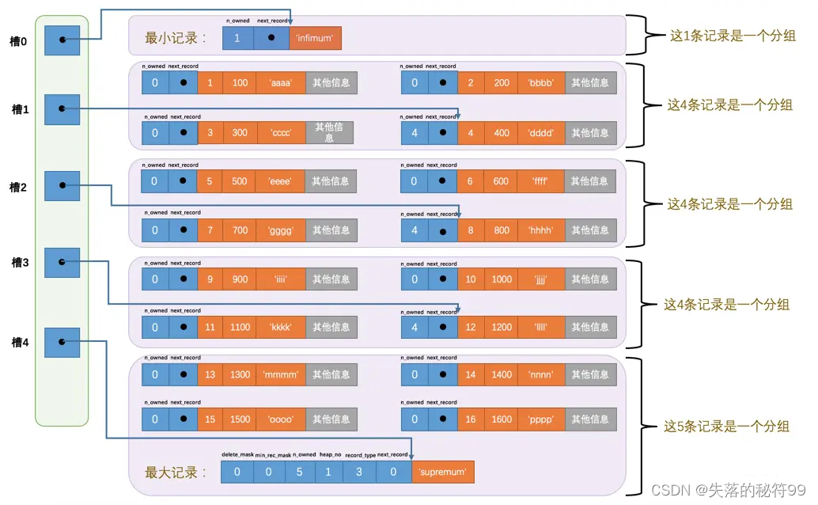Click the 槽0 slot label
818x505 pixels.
click(17, 40)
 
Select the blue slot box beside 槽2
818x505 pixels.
click(62, 187)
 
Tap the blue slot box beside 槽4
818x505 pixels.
click(62, 342)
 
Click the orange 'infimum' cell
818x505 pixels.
click(315, 37)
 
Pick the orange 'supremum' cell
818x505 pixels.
click(442, 473)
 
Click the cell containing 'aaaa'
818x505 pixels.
click(280, 82)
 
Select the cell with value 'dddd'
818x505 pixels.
click(546, 133)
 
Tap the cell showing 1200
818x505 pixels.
click(502, 327)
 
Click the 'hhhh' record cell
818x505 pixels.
click(546, 230)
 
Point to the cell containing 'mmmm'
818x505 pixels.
click(280, 374)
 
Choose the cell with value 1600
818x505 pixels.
click(502, 420)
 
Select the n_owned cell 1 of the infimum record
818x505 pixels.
click(238, 37)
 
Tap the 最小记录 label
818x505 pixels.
click(176, 38)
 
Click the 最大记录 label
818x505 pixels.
click(176, 473)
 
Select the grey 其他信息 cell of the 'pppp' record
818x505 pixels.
click(590, 420)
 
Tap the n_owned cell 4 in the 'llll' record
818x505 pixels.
click(415, 327)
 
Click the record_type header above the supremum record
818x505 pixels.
click(358, 455)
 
